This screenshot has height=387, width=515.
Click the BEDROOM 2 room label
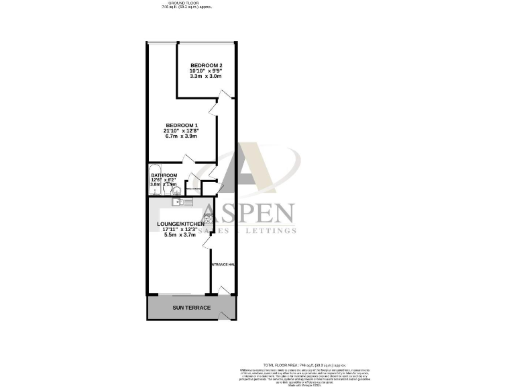(x=206, y=64)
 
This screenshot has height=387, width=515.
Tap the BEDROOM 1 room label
(x=182, y=126)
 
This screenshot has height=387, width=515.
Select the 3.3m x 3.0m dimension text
(x=206, y=77)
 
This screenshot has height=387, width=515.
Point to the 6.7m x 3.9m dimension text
(x=182, y=137)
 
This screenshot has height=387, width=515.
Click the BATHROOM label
(x=164, y=175)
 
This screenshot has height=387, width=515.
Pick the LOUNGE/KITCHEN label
(x=180, y=223)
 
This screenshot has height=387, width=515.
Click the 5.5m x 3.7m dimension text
(x=180, y=234)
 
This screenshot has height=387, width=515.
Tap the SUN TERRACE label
(x=191, y=308)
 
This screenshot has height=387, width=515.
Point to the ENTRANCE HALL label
(x=223, y=265)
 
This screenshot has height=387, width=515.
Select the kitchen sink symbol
(x=178, y=201)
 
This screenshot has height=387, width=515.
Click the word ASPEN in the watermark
(x=247, y=213)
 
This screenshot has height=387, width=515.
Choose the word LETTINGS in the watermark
(x=271, y=230)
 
